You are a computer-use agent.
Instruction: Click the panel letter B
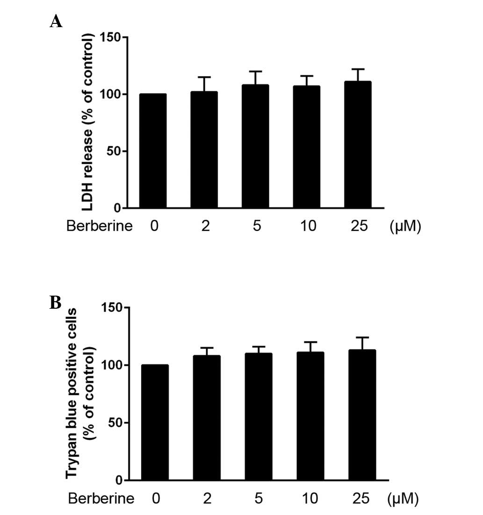56,303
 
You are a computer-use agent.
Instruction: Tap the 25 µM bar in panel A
357,145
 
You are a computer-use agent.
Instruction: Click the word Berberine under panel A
100,226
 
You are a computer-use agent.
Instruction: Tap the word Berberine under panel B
101,499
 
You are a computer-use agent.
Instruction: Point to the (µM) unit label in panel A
405,227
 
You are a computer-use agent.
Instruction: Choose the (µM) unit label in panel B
403,499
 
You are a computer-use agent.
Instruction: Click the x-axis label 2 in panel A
204,226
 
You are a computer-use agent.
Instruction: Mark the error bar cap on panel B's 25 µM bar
362,337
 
